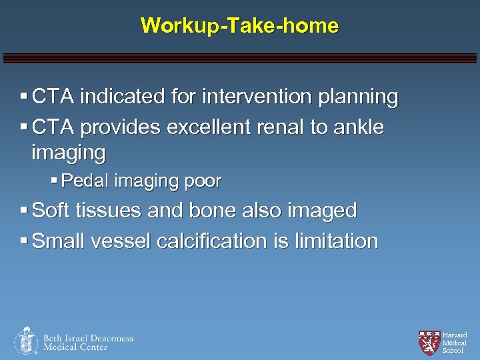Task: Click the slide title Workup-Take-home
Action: click(x=239, y=26)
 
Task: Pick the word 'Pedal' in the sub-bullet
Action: click(x=85, y=181)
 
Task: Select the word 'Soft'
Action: click(x=53, y=211)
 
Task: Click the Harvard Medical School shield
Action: click(x=429, y=342)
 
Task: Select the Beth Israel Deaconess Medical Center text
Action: click(x=88, y=342)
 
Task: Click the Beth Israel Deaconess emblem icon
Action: click(x=26, y=341)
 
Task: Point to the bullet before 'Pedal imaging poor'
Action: click(x=54, y=181)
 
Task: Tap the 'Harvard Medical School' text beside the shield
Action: click(x=455, y=342)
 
